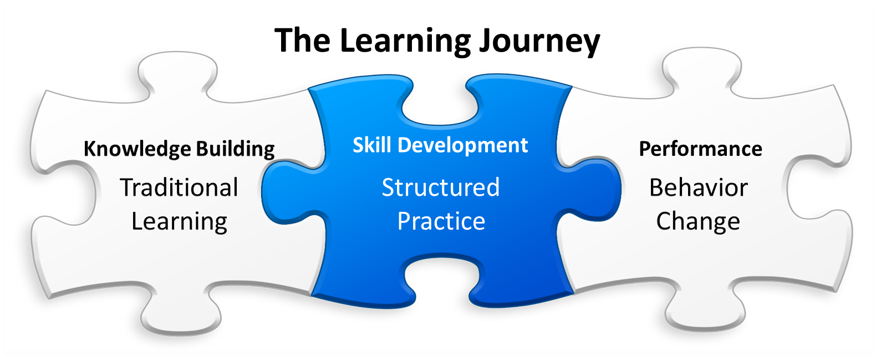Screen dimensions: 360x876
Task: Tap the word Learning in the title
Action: click(x=405, y=41)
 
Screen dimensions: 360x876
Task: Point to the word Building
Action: click(x=235, y=149)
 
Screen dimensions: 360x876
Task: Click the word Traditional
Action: click(x=179, y=187)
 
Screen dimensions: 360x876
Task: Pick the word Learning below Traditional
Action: click(x=179, y=221)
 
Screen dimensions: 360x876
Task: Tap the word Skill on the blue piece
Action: click(x=372, y=145)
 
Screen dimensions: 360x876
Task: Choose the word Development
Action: click(x=463, y=145)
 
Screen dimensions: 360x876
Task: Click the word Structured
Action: click(x=441, y=187)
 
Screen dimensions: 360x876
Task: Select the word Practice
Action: click(x=441, y=221)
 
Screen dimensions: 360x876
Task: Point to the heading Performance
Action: click(x=700, y=149)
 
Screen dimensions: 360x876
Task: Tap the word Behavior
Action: click(x=699, y=187)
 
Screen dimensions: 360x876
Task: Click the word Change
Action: click(x=698, y=221)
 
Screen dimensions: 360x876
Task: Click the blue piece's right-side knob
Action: click(x=596, y=189)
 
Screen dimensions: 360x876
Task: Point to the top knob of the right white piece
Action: click(x=701, y=69)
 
